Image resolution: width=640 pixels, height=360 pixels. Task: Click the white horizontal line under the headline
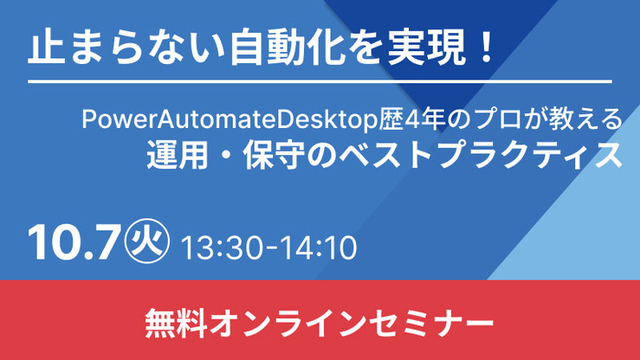point(320,82)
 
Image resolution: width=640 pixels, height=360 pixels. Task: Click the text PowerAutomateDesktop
point(229,119)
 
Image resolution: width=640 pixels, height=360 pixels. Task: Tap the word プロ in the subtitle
point(498,119)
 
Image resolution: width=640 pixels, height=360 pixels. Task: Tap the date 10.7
point(74,242)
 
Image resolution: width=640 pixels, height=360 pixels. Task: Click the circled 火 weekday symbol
point(147,241)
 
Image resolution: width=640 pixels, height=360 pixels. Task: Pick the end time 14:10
point(316,247)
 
